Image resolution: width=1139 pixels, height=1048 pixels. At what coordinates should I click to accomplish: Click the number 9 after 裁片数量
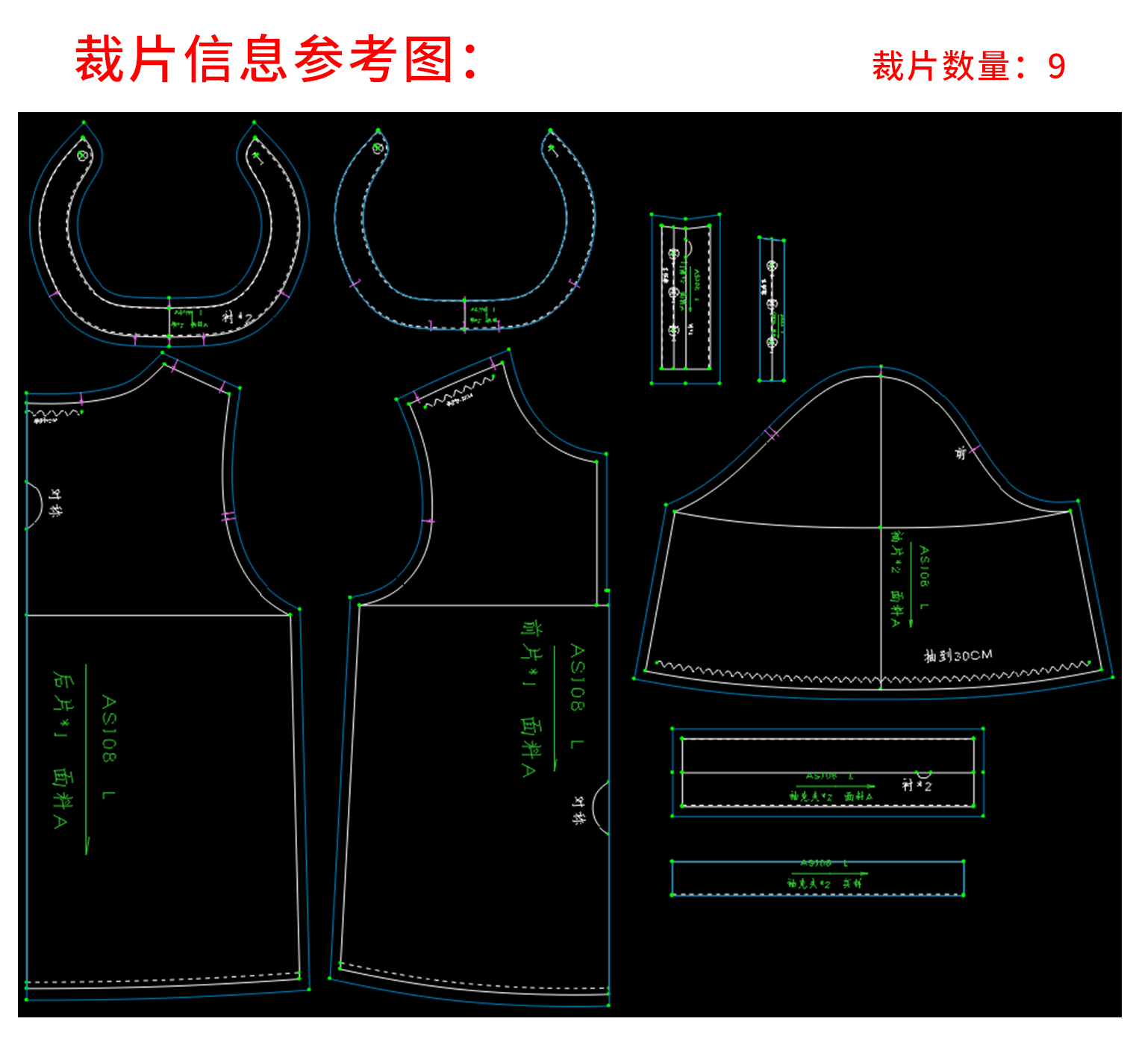(1056, 66)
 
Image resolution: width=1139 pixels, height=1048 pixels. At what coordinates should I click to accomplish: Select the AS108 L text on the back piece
(109, 746)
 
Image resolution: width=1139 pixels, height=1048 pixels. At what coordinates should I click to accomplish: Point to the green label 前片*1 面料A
(531, 698)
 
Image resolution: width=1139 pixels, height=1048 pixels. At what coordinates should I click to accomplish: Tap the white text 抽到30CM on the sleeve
(958, 655)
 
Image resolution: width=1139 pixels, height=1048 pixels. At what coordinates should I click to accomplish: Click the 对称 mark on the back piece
(55, 503)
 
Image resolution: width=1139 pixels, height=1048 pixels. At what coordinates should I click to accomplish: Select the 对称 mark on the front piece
(578, 809)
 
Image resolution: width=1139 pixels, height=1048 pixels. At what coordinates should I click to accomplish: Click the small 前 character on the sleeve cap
(961, 452)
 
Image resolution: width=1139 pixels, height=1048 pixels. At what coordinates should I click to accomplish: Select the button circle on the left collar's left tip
(83, 155)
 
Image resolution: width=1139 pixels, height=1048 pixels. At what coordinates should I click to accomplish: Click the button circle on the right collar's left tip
(378, 148)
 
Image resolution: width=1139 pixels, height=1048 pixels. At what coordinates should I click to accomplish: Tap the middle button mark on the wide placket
(673, 292)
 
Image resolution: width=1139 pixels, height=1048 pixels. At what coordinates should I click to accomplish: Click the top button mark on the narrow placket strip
(772, 266)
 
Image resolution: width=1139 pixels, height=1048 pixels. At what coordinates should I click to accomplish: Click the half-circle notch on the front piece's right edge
(601, 808)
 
